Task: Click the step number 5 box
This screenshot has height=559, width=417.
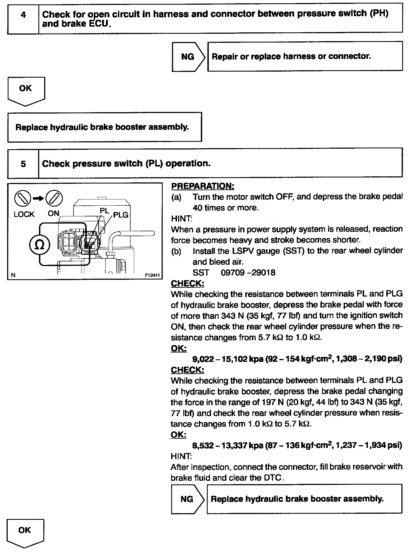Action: [23, 163]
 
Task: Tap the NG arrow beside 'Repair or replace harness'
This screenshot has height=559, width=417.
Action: [188, 57]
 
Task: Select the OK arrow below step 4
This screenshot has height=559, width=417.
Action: [26, 91]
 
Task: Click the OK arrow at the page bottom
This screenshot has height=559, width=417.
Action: [25, 532]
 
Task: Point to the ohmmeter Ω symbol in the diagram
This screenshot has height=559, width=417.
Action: [40, 245]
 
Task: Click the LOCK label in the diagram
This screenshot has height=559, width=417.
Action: [24, 214]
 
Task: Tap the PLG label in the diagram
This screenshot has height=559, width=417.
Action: [121, 215]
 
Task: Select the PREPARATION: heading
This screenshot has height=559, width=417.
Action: [202, 186]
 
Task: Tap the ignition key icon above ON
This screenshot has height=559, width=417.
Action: [54, 198]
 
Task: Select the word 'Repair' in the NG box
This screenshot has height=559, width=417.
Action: [224, 57]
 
